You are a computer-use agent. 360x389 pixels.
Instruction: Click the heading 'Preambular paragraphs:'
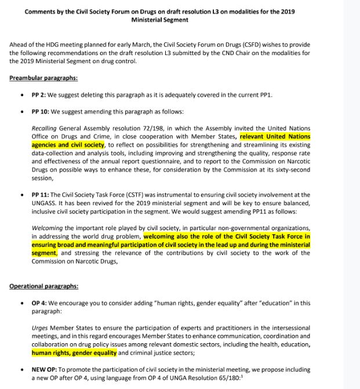click(x=43, y=78)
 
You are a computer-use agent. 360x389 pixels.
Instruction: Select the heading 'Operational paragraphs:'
click(x=43, y=286)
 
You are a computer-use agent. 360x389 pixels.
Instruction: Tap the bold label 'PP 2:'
click(x=39, y=94)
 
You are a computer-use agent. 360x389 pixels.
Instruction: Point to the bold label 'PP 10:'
click(x=41, y=111)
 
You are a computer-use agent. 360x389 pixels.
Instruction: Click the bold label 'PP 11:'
click(x=41, y=195)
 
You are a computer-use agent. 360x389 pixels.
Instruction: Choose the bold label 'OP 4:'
click(x=40, y=303)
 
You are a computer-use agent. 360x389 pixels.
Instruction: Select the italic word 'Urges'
click(x=39, y=328)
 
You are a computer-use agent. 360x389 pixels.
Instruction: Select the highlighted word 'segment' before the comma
click(x=43, y=253)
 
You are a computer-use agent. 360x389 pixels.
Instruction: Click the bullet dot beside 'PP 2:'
click(x=22, y=94)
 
